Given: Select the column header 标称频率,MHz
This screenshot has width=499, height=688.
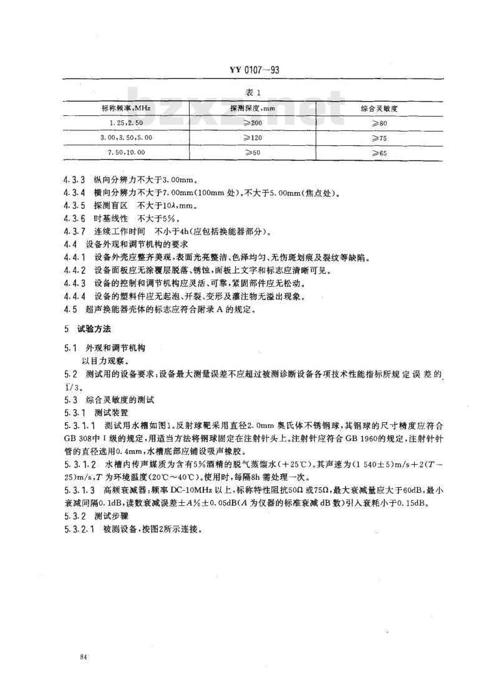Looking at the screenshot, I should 127,108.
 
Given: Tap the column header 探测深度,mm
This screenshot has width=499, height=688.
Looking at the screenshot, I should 253,108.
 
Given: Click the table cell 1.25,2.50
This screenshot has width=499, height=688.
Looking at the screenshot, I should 127,122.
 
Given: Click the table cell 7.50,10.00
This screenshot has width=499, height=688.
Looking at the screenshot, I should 127,152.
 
